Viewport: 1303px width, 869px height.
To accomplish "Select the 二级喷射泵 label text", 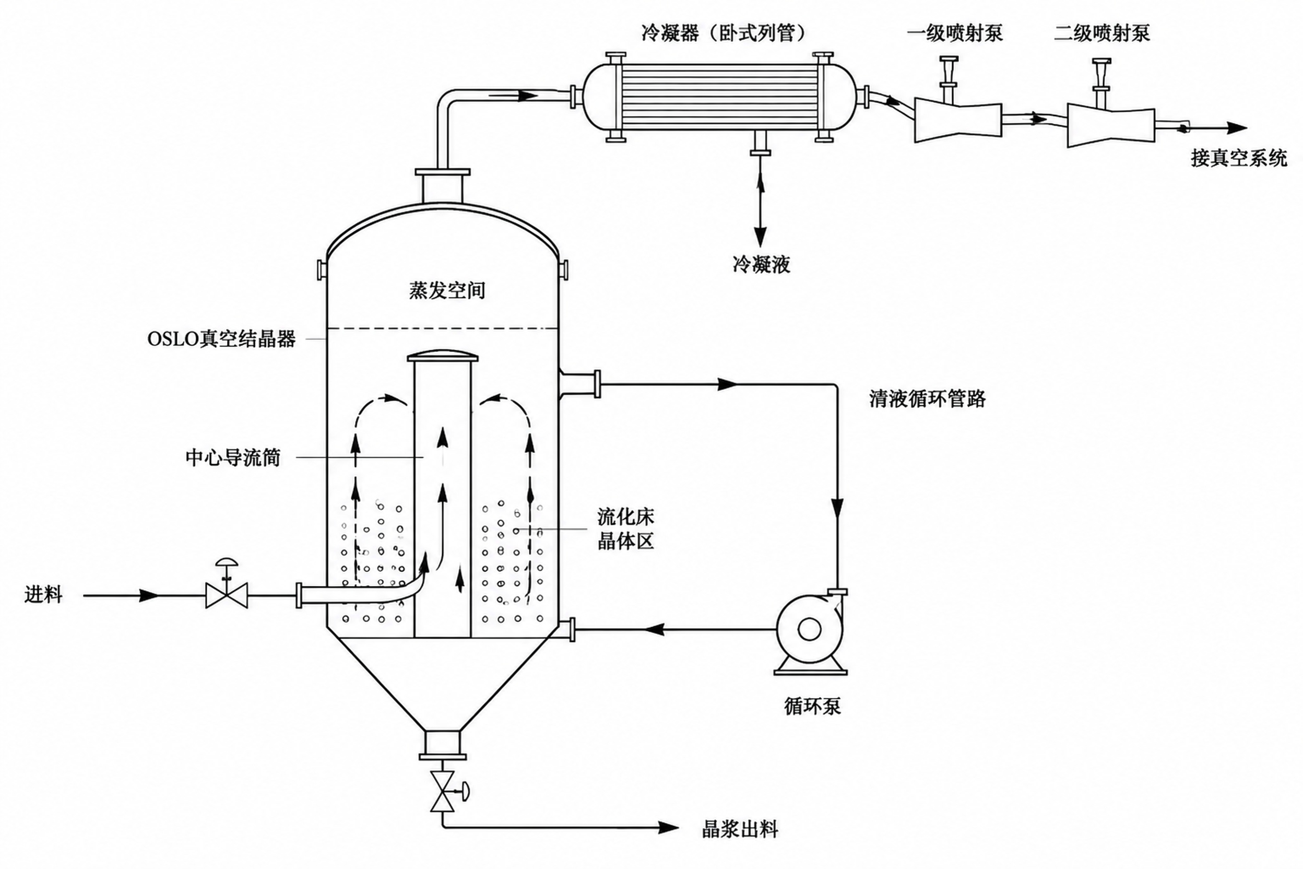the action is pyautogui.click(x=1101, y=33).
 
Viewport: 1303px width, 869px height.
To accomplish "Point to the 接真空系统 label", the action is pyautogui.click(x=1239, y=159).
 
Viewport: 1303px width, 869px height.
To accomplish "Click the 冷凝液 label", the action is pyautogui.click(x=761, y=264).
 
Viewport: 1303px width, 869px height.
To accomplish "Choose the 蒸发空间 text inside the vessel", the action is pyautogui.click(x=446, y=290).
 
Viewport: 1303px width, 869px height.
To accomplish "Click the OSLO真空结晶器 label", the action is pyautogui.click(x=221, y=338).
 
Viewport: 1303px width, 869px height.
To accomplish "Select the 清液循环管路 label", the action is pyautogui.click(x=927, y=398).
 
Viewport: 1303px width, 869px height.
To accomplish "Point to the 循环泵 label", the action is pyautogui.click(x=812, y=706).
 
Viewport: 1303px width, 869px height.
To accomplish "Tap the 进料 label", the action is pyautogui.click(x=43, y=595).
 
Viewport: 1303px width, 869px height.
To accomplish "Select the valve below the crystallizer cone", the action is pyautogui.click(x=446, y=791).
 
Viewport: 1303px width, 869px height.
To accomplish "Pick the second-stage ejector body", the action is pyautogui.click(x=1111, y=125).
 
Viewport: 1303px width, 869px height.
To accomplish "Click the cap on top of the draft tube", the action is pyautogui.click(x=443, y=356).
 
